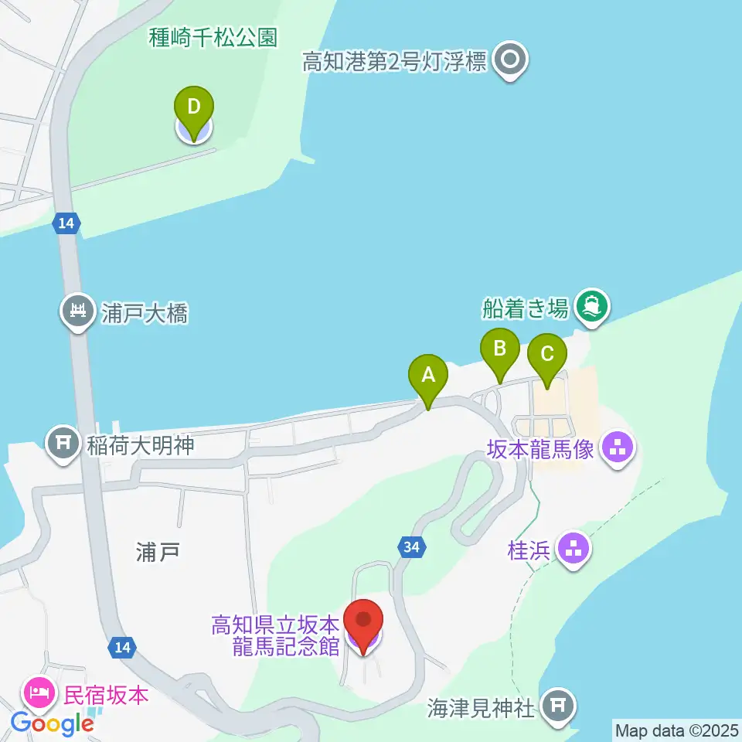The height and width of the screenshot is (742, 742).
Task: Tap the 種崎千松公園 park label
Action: (x=213, y=38)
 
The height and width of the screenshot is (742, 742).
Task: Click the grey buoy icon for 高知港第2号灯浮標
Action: (x=511, y=60)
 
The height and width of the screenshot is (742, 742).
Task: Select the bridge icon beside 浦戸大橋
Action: (x=78, y=312)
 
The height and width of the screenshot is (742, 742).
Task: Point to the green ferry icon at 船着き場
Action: (x=593, y=307)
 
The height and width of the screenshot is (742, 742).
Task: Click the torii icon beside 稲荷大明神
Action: (x=62, y=444)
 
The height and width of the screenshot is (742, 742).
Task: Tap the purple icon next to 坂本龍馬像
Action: (x=617, y=447)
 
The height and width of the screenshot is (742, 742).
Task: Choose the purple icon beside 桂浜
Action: (x=573, y=550)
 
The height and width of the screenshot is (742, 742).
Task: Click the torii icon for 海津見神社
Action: (x=557, y=705)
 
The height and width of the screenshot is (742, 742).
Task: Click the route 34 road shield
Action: (x=412, y=547)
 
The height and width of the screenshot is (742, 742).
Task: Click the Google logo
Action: (x=52, y=724)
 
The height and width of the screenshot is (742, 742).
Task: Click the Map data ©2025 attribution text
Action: (x=677, y=730)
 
